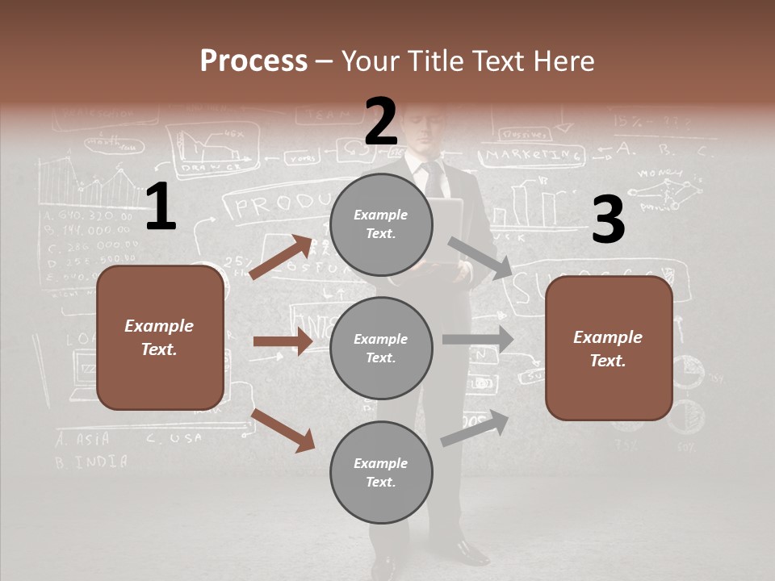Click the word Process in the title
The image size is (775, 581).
[253, 61]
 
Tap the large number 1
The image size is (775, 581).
[160, 207]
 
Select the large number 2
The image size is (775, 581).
[381, 122]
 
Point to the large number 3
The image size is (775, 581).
[608, 220]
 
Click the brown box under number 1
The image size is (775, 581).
[160, 337]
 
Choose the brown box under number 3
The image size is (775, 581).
[609, 348]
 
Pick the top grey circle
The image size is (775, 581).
[381, 224]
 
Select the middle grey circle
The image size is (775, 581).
[381, 348]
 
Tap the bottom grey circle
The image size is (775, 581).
[381, 472]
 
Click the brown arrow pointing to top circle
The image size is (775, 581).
[280, 257]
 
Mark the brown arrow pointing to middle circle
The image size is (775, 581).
[283, 341]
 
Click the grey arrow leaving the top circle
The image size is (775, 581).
[480, 258]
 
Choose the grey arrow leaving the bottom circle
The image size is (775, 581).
[475, 428]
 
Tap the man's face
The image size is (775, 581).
[425, 129]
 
